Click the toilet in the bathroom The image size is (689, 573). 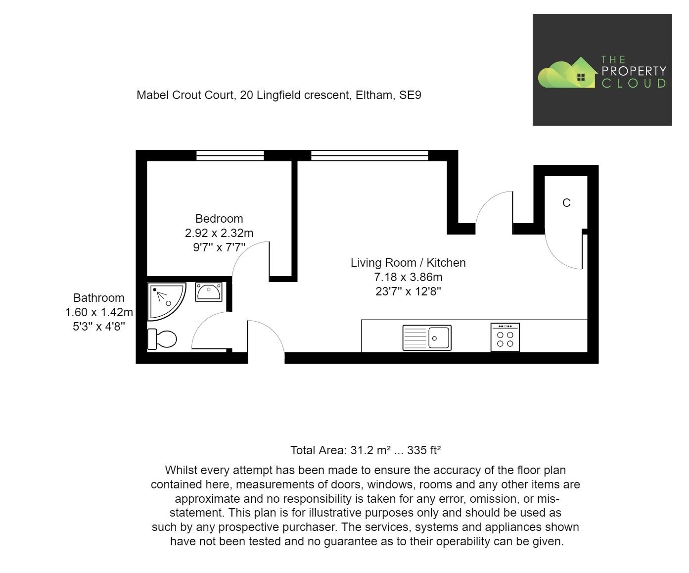point(162,339)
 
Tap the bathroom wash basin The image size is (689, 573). point(209,292)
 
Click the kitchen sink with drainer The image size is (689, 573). point(426,337)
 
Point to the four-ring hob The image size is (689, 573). point(505,337)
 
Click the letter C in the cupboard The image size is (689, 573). point(566,203)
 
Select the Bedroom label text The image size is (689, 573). point(219,219)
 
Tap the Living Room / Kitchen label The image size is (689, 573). point(408,263)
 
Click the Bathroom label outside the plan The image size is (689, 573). point(98,298)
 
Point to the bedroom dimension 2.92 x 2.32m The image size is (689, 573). point(219,233)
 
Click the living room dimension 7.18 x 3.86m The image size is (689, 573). point(408,277)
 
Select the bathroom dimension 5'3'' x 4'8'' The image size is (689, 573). point(98,327)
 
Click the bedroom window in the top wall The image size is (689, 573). point(230,156)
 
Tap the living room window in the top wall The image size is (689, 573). point(369,156)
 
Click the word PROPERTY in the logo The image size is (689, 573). point(634,71)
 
